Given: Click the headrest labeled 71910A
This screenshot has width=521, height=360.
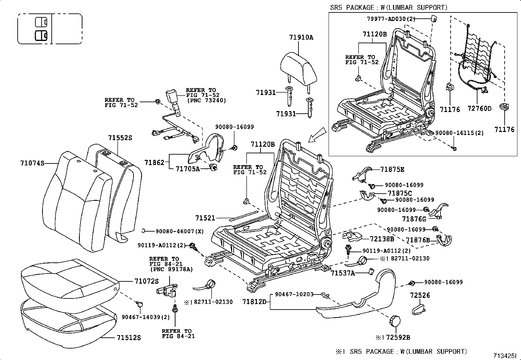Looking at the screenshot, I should [299, 67].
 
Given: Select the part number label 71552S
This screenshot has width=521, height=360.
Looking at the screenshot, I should [120, 138].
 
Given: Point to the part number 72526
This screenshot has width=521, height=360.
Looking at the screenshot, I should [420, 295].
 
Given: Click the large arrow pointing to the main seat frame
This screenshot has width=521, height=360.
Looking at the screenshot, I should [317, 135].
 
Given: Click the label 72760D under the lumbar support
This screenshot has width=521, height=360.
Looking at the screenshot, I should [479, 108].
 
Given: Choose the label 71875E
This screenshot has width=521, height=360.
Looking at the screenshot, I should [392, 169].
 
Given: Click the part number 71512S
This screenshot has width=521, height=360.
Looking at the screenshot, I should [129, 337].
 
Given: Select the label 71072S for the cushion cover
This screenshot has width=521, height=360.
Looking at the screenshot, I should [146, 281].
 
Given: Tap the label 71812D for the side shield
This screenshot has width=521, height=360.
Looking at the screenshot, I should [255, 301].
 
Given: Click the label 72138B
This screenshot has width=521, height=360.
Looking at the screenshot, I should [382, 239].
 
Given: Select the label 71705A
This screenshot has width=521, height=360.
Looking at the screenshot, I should [188, 169].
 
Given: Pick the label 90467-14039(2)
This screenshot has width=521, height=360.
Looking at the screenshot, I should [146, 317].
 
